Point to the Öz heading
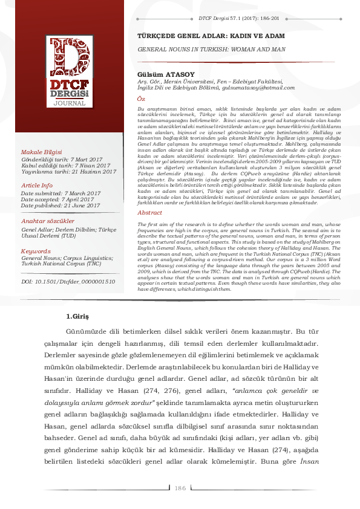[x=142, y=97]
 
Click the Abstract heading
[x=150, y=213]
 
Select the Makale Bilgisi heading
[x=42, y=151]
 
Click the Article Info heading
[x=37, y=185]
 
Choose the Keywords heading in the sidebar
[x=36, y=250]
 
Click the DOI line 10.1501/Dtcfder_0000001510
[x=68, y=282]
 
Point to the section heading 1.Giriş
[x=77, y=317]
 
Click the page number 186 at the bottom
[x=180, y=488]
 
